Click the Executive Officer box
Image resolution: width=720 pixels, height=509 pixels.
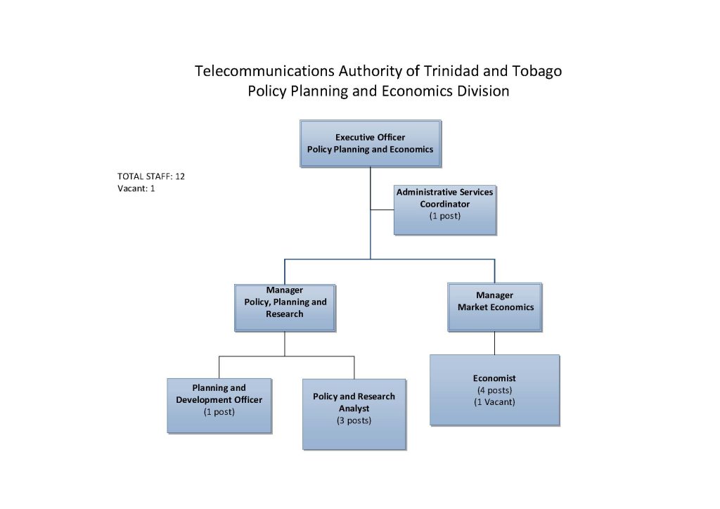tap(371, 143)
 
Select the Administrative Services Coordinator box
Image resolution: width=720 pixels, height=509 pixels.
tap(445, 210)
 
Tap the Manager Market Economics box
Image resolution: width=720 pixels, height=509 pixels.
tap(494, 307)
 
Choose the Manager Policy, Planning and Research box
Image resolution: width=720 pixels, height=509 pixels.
tap(285, 307)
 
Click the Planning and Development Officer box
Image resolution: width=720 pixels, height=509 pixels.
tap(219, 406)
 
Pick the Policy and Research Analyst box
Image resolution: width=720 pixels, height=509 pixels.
tap(354, 414)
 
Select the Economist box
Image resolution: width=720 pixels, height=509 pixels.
tap(494, 389)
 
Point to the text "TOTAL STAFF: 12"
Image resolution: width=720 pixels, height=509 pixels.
tap(151, 176)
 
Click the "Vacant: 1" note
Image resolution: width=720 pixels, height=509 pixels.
tap(136, 188)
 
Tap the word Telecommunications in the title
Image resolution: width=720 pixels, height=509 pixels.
tap(264, 71)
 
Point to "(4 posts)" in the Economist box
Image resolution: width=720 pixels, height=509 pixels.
tap(494, 390)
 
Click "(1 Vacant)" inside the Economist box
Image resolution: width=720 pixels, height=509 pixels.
tap(494, 402)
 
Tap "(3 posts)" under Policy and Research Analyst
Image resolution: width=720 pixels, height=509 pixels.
tap(354, 420)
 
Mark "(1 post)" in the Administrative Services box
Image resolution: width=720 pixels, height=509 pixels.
tap(445, 216)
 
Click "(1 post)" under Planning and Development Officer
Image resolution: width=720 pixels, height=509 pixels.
tap(219, 412)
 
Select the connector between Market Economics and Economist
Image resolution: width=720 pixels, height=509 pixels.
tap(494, 343)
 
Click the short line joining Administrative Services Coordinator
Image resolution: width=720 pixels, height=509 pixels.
tap(382, 210)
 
